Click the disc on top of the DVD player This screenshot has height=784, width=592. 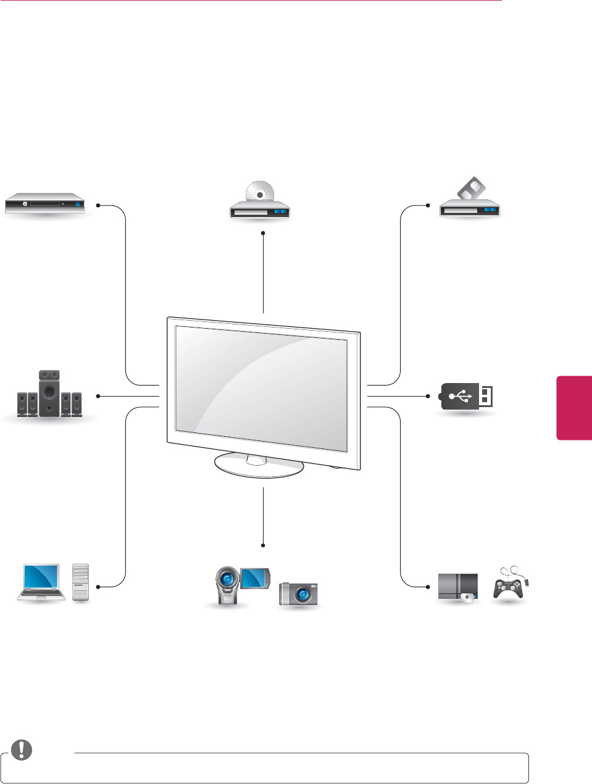pos(260,193)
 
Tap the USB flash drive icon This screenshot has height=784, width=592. pos(467,397)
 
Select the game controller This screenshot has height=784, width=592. pos(508,586)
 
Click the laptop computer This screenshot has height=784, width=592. pos(41,582)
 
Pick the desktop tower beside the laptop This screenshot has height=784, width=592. pos(81,582)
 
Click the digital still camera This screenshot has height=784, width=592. pos(299,594)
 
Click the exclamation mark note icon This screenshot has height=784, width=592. pos(22,749)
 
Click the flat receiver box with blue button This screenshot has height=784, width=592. pos(44,204)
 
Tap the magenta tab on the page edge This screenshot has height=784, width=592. pos(575,408)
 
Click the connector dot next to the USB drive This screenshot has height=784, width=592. pos(428,395)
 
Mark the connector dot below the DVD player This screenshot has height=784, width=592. pos(263,233)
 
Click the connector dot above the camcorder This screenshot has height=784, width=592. pos(263,545)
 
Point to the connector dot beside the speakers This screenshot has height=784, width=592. pos(98,395)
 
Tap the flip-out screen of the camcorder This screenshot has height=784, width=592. pos(255,577)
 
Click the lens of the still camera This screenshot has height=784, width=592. pos(302,595)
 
